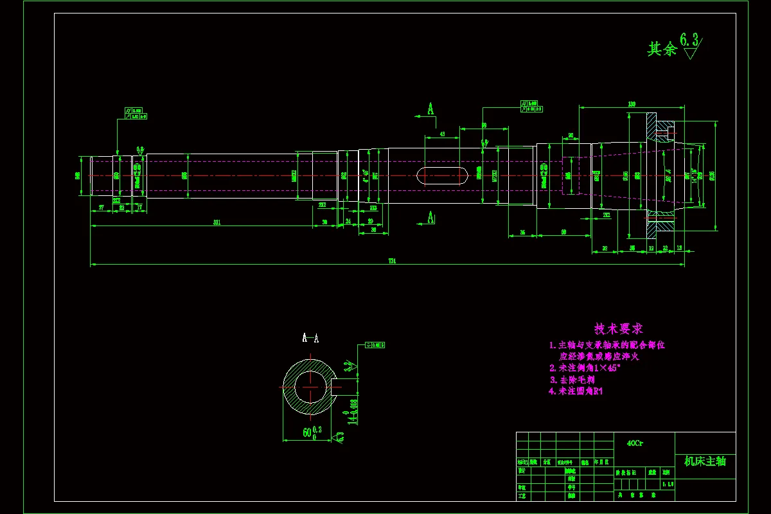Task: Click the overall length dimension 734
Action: coord(392,260)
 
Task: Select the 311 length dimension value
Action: coord(217,222)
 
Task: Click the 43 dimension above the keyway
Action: coord(443,134)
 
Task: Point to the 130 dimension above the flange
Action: coord(631,103)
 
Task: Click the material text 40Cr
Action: coord(635,443)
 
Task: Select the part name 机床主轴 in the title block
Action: coord(705,461)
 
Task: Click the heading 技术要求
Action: coord(619,329)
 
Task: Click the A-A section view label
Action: coord(310,337)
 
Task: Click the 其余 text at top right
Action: coord(662,49)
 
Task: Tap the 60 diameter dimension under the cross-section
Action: coord(307,432)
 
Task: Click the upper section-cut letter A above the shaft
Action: coord(430,109)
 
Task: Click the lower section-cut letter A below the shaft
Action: coord(430,218)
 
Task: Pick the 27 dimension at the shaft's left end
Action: coord(101,206)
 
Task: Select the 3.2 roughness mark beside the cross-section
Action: coord(348,367)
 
